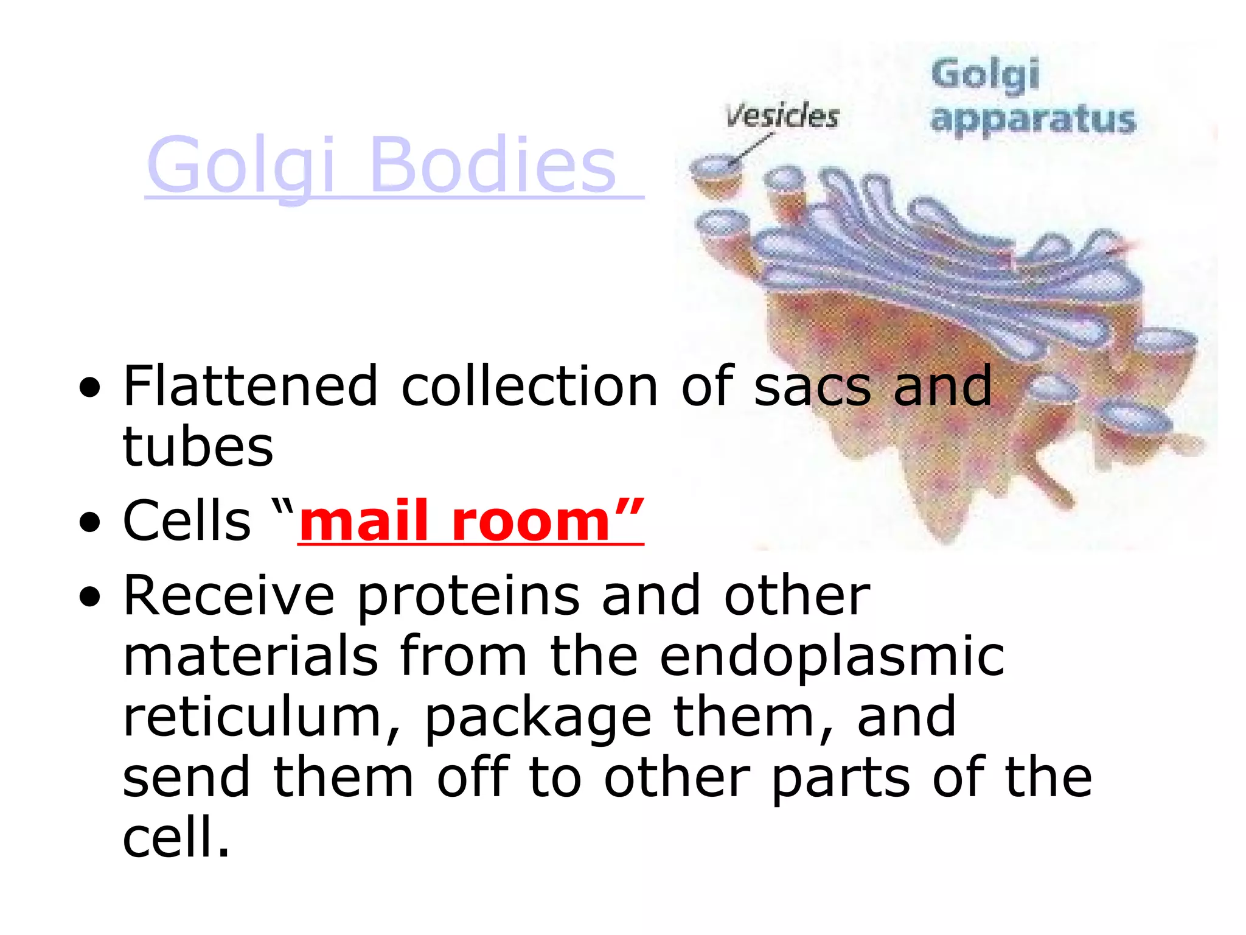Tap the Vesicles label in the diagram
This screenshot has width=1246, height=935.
pos(782,116)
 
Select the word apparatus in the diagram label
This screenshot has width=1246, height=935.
pos(1032,119)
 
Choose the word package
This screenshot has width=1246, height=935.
pos(538,718)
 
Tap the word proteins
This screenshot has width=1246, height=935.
pos(468,597)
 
